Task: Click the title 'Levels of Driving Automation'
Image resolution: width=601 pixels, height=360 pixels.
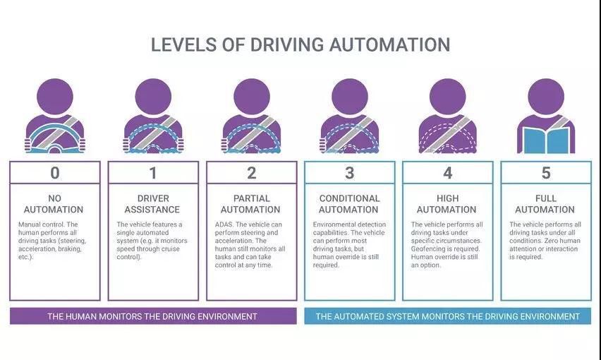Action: pos(300,44)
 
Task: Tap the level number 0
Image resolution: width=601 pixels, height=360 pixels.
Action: pos(55,173)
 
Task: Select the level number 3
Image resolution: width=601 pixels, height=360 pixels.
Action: pos(349,173)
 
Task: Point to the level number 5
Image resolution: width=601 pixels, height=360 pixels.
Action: pos(545,173)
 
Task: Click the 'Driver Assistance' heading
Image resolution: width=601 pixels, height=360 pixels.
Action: pos(153,204)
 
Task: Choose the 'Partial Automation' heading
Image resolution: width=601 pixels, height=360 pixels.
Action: pos(251,204)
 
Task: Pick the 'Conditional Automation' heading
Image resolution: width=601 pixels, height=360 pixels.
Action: pos(349,204)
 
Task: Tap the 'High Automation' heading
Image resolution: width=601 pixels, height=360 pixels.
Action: pos(447,204)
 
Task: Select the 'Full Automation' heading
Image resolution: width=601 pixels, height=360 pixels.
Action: pos(545,204)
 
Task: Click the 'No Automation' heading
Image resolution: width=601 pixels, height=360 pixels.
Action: pos(55,204)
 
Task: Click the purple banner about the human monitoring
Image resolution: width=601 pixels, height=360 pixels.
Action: pos(152,316)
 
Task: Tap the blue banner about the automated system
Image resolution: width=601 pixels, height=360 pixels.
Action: pos(447,316)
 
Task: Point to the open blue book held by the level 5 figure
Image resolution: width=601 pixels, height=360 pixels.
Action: pos(545,138)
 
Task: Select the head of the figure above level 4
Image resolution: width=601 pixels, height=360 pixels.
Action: pos(448,95)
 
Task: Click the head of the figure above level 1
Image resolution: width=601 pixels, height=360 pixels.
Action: pos(153,95)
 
